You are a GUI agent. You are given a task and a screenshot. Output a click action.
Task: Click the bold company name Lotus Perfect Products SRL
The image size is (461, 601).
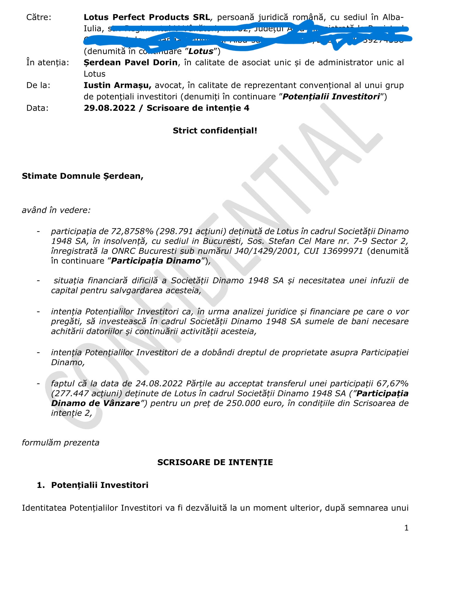147,17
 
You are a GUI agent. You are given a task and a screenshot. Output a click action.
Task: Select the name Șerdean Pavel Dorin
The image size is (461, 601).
131,62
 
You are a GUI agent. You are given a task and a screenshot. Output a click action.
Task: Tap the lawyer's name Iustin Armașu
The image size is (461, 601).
117,85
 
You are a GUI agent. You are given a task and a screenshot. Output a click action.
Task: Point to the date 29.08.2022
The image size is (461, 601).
109,108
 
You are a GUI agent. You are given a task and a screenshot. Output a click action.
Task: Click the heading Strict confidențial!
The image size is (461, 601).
215,130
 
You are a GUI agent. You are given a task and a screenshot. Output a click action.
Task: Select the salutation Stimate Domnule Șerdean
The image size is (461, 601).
83,176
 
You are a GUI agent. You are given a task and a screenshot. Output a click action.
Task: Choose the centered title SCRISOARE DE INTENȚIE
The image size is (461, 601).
215,462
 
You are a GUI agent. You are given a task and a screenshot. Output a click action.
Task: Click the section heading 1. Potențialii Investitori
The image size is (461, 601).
93,485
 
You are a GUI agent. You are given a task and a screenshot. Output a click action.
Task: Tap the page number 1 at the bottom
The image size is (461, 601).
406,528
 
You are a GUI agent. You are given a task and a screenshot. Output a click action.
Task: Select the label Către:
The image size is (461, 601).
39,17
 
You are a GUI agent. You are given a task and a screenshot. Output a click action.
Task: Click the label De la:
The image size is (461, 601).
38,85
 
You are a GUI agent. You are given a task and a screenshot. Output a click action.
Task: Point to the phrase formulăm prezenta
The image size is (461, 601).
60,443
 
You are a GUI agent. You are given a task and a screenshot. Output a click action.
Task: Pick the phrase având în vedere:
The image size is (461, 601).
56,210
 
